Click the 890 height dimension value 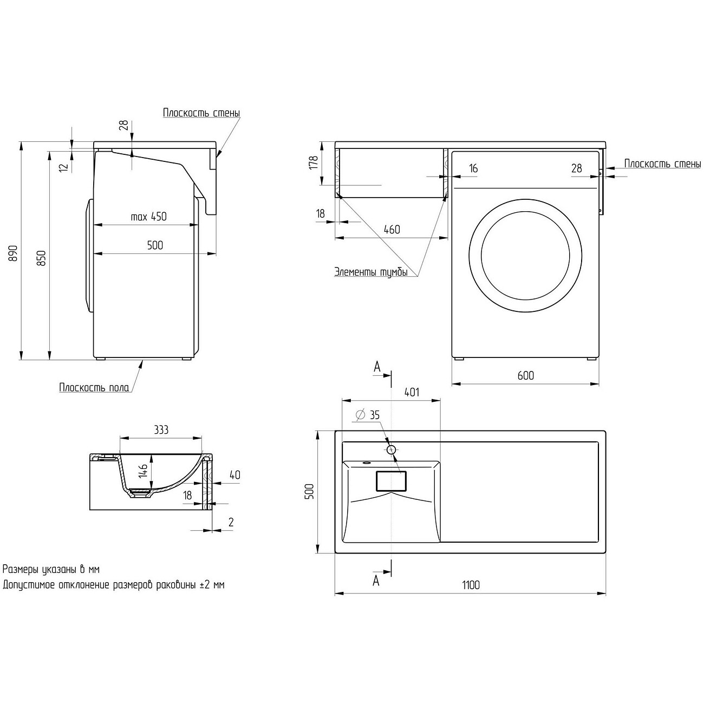14,252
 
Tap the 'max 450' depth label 148,217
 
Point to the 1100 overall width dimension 471,585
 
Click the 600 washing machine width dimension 525,375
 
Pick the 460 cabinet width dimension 392,229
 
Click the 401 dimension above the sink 412,392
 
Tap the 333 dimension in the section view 161,430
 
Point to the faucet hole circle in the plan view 392,449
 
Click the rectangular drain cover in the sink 390,481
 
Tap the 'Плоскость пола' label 94,387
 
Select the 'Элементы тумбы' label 370,272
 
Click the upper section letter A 377,367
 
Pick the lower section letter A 376,581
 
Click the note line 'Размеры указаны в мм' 51,569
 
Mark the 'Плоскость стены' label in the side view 201,113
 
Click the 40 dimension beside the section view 234,475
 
